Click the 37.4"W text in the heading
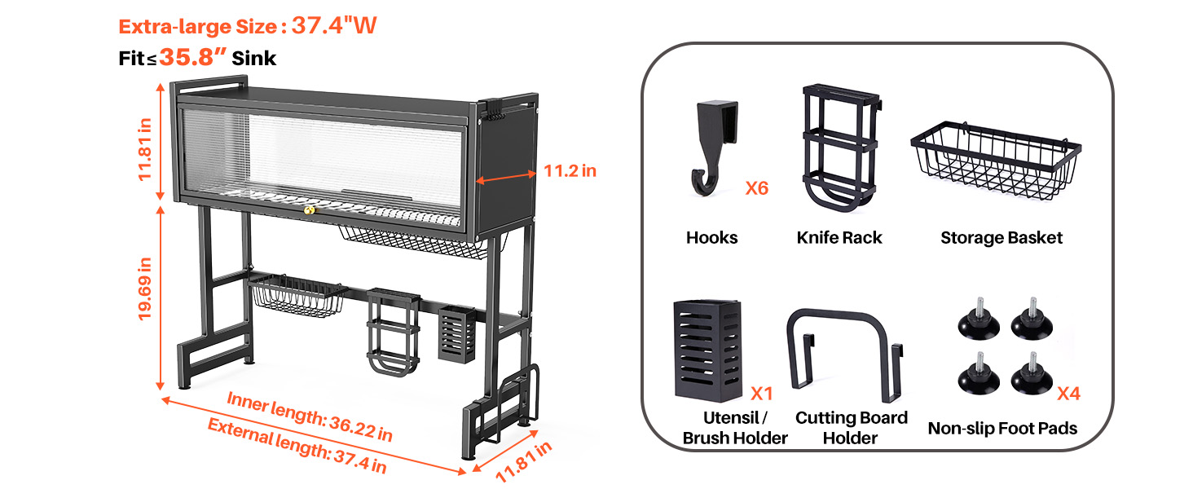point(334,25)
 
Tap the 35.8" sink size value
point(193,57)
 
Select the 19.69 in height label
point(145,289)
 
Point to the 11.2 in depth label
point(570,171)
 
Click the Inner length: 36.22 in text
point(310,417)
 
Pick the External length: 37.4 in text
point(297,446)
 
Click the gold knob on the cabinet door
point(310,210)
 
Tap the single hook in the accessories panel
point(714,147)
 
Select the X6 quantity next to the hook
point(757,188)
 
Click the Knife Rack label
point(839,238)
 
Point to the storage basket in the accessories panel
point(995,160)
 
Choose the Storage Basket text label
point(1002,238)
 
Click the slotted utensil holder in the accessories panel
point(708,350)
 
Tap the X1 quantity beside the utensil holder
point(762,394)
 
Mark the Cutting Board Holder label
point(851,428)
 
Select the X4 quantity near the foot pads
point(1068,394)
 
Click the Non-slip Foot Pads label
point(1002,428)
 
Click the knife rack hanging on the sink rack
point(393,332)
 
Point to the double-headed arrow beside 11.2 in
point(505,177)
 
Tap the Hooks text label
point(712,238)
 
